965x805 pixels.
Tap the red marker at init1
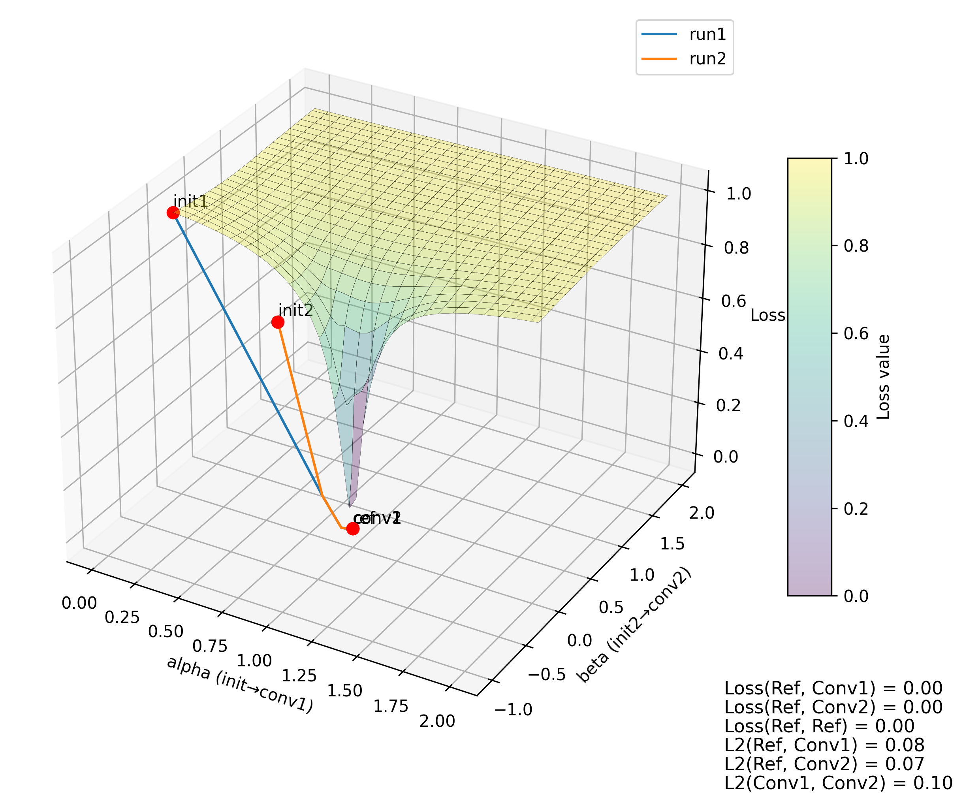173,213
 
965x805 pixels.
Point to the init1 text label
191,201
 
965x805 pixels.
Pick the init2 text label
295,310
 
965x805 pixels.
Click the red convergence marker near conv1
352,529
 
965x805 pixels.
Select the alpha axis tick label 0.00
79,603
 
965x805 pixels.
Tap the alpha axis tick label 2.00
437,721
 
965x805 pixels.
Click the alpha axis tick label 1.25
299,675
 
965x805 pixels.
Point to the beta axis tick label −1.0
513,710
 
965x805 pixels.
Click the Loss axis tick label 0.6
734,301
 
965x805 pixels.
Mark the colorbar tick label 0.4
856,421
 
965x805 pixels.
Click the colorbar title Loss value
884,377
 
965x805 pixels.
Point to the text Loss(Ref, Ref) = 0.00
819,726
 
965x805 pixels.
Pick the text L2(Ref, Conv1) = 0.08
824,745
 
